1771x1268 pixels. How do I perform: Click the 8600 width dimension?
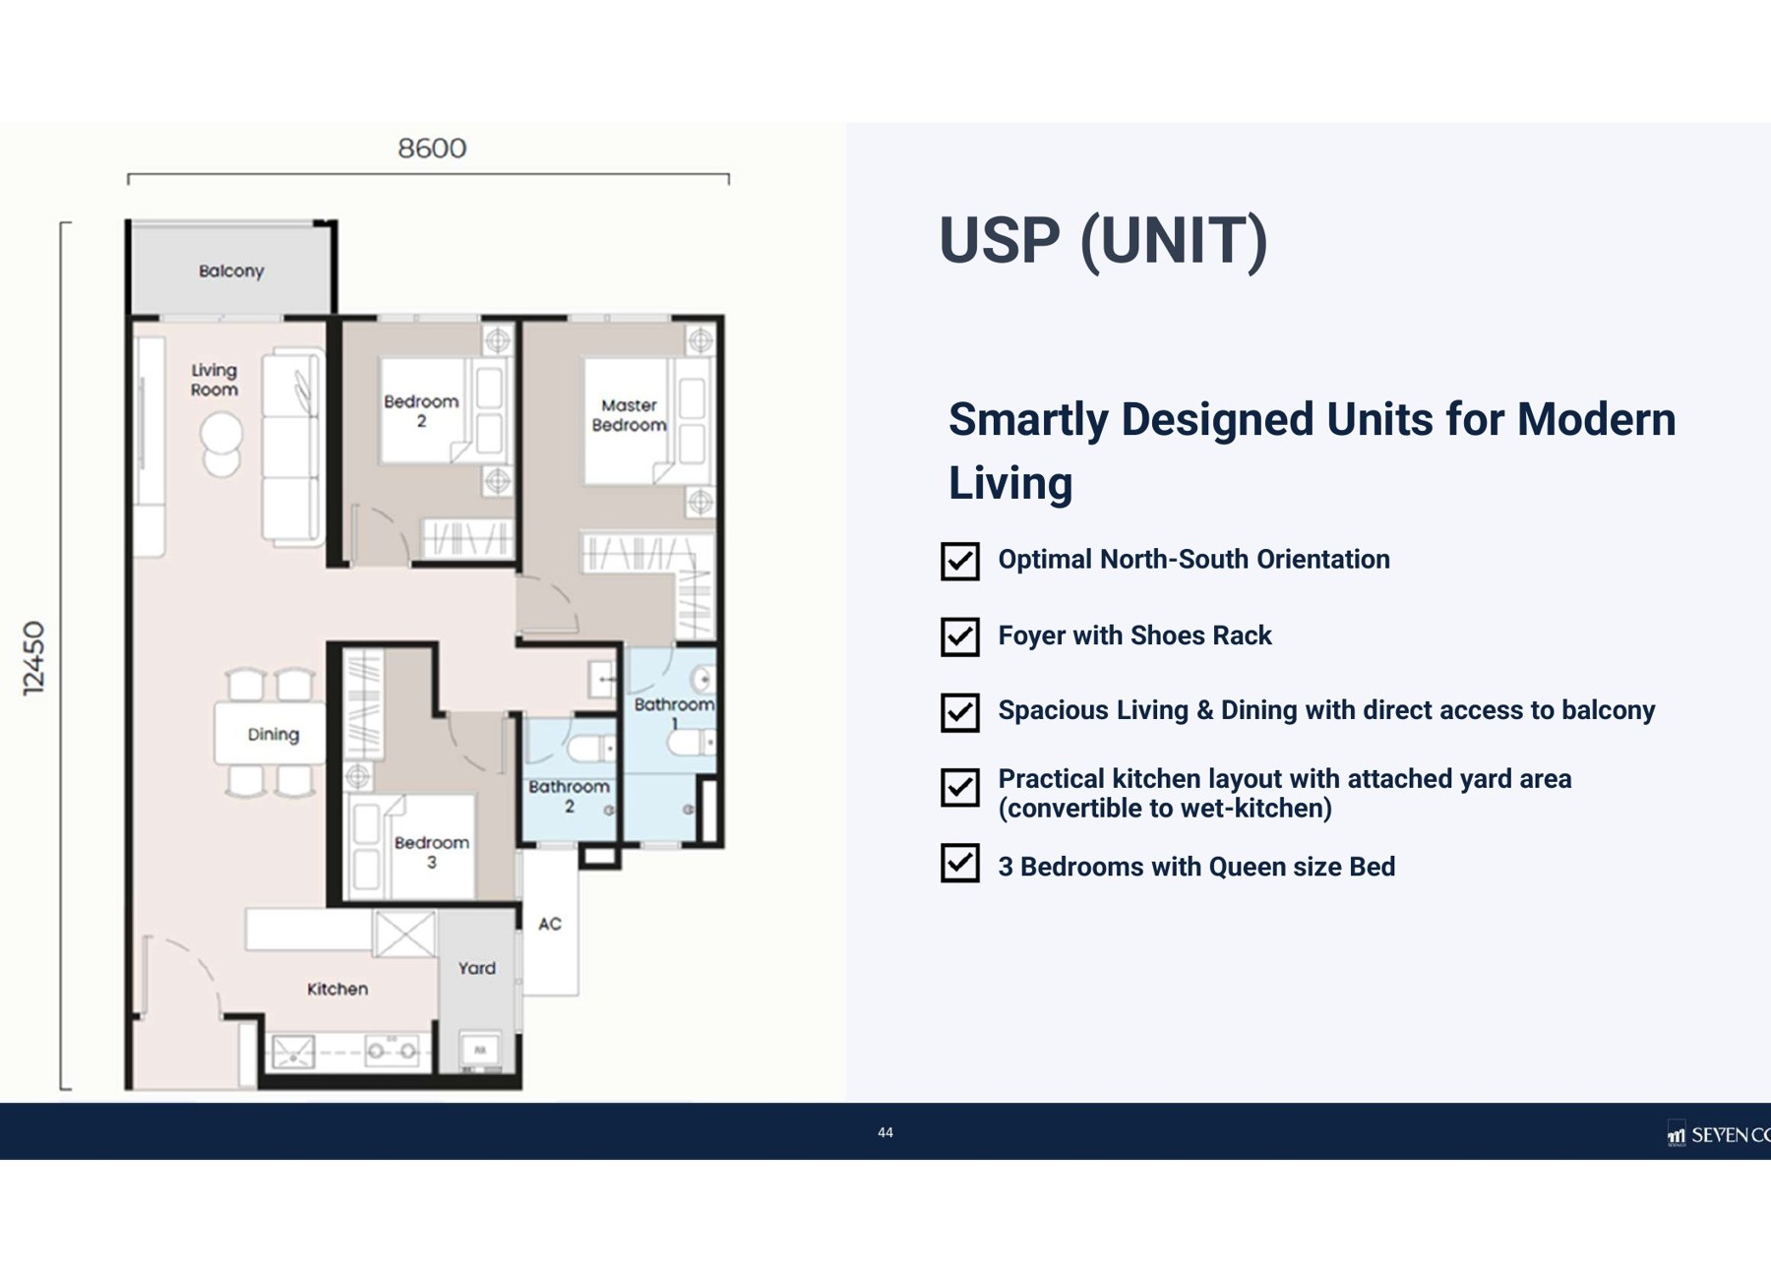pyautogui.click(x=432, y=149)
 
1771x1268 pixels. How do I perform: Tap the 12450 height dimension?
pyautogui.click(x=34, y=658)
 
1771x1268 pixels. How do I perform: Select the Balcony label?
pyautogui.click(x=231, y=271)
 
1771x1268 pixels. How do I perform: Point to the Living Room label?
pyautogui.click(x=214, y=380)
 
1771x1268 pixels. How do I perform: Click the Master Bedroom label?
pyautogui.click(x=629, y=415)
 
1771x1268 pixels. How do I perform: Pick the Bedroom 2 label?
pyautogui.click(x=421, y=411)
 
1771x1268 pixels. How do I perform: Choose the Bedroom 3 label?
pyautogui.click(x=432, y=852)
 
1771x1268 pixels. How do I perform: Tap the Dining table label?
pyautogui.click(x=274, y=735)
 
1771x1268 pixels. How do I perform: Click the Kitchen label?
pyautogui.click(x=337, y=989)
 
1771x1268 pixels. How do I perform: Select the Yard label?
pyautogui.click(x=477, y=968)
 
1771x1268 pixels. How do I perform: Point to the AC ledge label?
pyautogui.click(x=550, y=924)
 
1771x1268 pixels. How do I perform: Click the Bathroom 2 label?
pyautogui.click(x=569, y=796)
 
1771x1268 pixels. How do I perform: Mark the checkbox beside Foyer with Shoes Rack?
pyautogui.click(x=960, y=636)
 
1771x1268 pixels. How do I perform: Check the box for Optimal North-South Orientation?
pyautogui.click(x=960, y=561)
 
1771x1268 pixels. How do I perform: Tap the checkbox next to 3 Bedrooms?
pyautogui.click(x=960, y=863)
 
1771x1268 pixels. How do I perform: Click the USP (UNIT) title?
pyautogui.click(x=1103, y=241)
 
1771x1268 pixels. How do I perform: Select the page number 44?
pyautogui.click(x=885, y=1132)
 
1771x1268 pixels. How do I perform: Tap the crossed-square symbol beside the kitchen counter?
pyautogui.click(x=404, y=934)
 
